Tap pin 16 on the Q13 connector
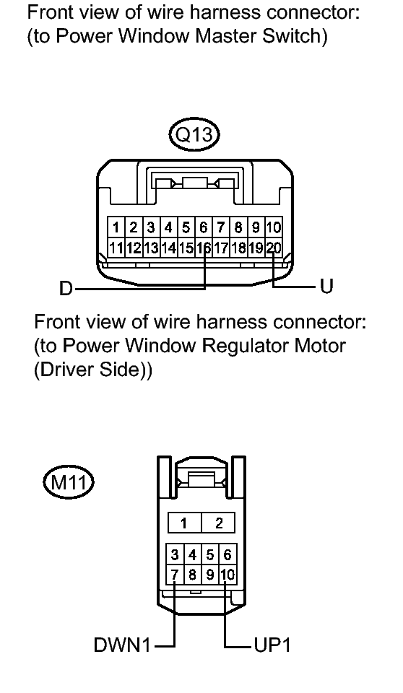click(x=204, y=248)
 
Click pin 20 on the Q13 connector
click(x=274, y=248)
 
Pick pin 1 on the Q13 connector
click(x=116, y=227)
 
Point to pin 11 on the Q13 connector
click(x=116, y=248)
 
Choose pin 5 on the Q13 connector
click(x=186, y=227)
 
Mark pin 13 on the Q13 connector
click(x=151, y=248)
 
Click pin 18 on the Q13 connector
click(x=238, y=248)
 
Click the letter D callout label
click(x=66, y=289)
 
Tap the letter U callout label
click(x=326, y=287)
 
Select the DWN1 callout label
click(x=122, y=645)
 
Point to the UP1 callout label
click(x=272, y=645)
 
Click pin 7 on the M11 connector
click(x=175, y=575)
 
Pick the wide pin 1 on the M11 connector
click(x=184, y=524)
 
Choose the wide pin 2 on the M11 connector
click(x=219, y=524)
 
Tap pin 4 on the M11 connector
click(x=192, y=554)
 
